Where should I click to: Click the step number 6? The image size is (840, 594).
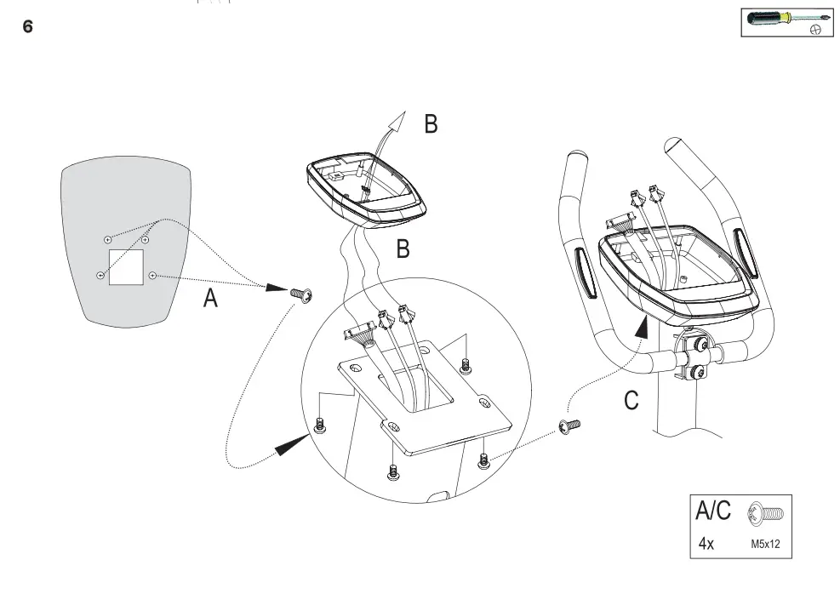[x=27, y=27]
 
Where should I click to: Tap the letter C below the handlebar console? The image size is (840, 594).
[x=631, y=400]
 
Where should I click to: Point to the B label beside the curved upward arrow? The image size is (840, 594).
[x=431, y=124]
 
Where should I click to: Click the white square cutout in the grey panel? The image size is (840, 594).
[x=126, y=266]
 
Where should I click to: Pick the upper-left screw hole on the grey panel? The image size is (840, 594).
[x=107, y=240]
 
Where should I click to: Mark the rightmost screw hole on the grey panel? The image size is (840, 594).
[x=152, y=275]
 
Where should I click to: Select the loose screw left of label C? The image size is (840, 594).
[x=568, y=425]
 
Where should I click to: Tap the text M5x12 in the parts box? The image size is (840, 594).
[x=766, y=542]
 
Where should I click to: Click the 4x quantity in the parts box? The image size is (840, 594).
[x=706, y=542]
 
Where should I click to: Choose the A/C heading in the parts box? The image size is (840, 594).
[x=713, y=511]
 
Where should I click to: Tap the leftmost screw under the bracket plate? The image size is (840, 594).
[x=319, y=426]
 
